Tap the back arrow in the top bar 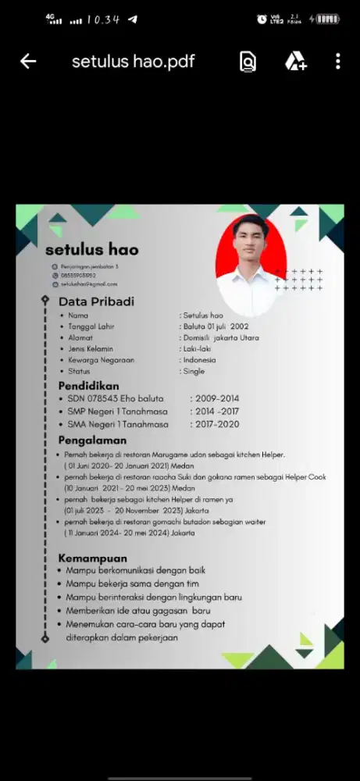click(x=28, y=62)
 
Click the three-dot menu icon click(x=337, y=62)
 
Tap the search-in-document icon click(x=248, y=62)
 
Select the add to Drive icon click(x=294, y=62)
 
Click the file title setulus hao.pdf click(x=134, y=62)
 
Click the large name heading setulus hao click(x=91, y=250)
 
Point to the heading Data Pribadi click(x=96, y=301)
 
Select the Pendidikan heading click(x=89, y=386)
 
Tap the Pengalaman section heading click(x=92, y=440)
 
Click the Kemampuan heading click(x=92, y=558)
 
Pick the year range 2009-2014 click(x=217, y=399)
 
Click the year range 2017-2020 click(x=217, y=425)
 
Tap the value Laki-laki click(x=197, y=349)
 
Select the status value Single click(x=194, y=372)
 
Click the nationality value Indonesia click(x=200, y=360)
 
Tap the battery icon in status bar click(x=328, y=19)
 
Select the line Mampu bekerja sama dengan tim click(x=132, y=583)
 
